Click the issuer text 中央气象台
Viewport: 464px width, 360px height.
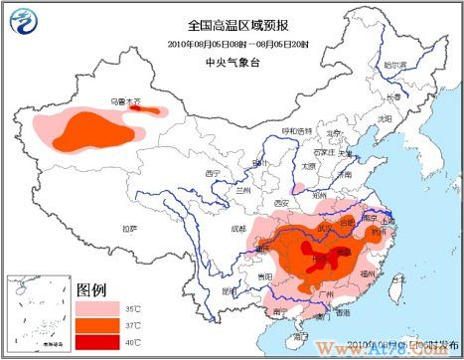tap(232, 61)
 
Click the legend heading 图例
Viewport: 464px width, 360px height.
tap(91, 288)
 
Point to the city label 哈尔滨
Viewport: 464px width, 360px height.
tap(394, 64)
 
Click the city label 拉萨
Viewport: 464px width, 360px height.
tap(129, 229)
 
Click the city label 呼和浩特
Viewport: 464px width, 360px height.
tap(296, 131)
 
